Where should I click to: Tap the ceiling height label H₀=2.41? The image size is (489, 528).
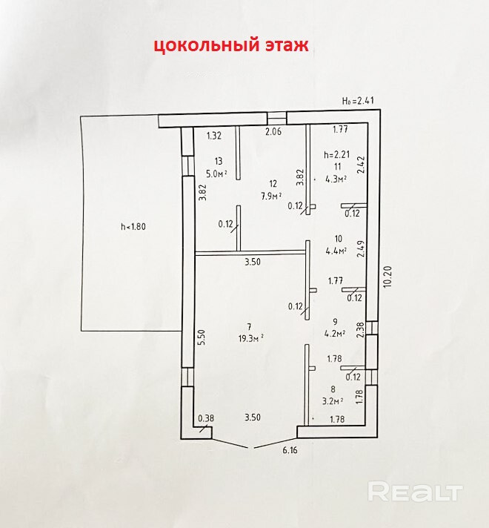tap(359, 101)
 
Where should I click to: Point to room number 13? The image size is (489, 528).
tap(218, 161)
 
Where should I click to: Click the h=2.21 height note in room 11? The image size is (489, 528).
tap(336, 156)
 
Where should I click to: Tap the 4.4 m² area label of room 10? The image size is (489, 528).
tap(336, 250)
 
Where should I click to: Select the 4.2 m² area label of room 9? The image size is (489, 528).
tap(335, 333)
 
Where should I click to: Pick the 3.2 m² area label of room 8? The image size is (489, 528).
tap(335, 401)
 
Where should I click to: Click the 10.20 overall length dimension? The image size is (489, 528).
tap(385, 277)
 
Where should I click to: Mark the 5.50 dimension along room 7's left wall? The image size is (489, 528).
tap(201, 336)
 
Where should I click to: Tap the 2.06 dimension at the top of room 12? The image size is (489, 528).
tap(274, 132)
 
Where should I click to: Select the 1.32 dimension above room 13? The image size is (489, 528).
tap(214, 135)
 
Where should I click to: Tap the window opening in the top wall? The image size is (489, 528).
tap(277, 117)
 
